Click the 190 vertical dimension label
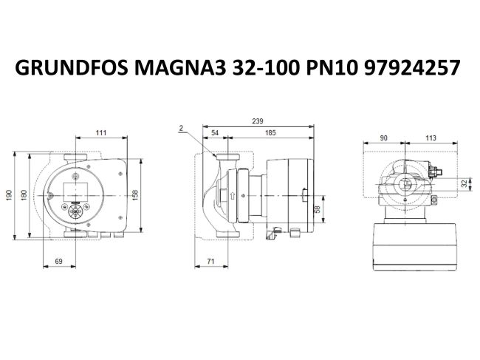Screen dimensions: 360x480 10,196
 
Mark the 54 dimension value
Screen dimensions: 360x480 215,132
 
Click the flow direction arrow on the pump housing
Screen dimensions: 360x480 233,196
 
